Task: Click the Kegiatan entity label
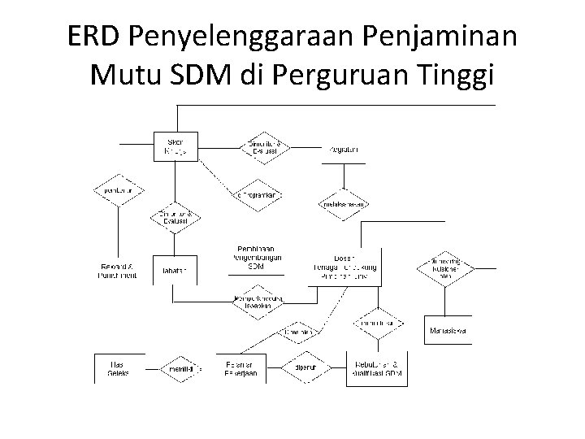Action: pyautogui.click(x=344, y=149)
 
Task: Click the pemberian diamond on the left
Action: pyautogui.click(x=119, y=190)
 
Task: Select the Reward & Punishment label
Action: pyautogui.click(x=118, y=271)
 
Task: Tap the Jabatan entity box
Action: pyautogui.click(x=174, y=271)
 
